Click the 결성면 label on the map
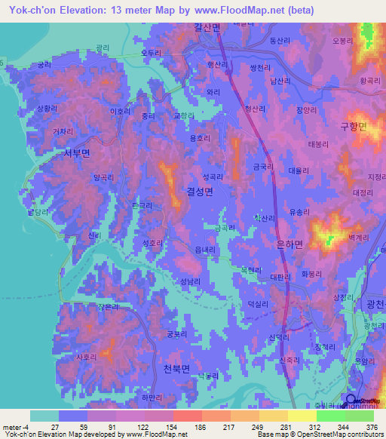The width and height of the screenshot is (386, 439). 199,192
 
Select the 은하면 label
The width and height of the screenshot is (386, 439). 289,244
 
